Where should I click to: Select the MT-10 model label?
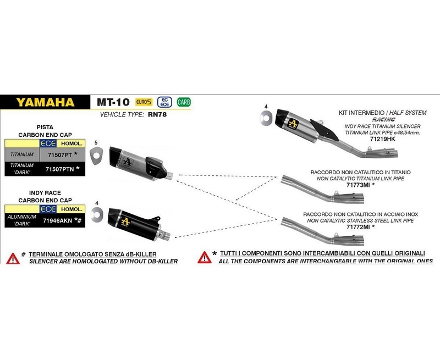(113, 102)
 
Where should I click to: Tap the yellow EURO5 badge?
(144, 102)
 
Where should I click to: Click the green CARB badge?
(184, 102)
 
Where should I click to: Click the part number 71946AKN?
(58, 221)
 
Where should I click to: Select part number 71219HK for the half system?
(383, 140)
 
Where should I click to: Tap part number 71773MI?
(359, 184)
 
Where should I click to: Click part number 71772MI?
(359, 226)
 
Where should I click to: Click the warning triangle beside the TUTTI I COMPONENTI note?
(204, 256)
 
